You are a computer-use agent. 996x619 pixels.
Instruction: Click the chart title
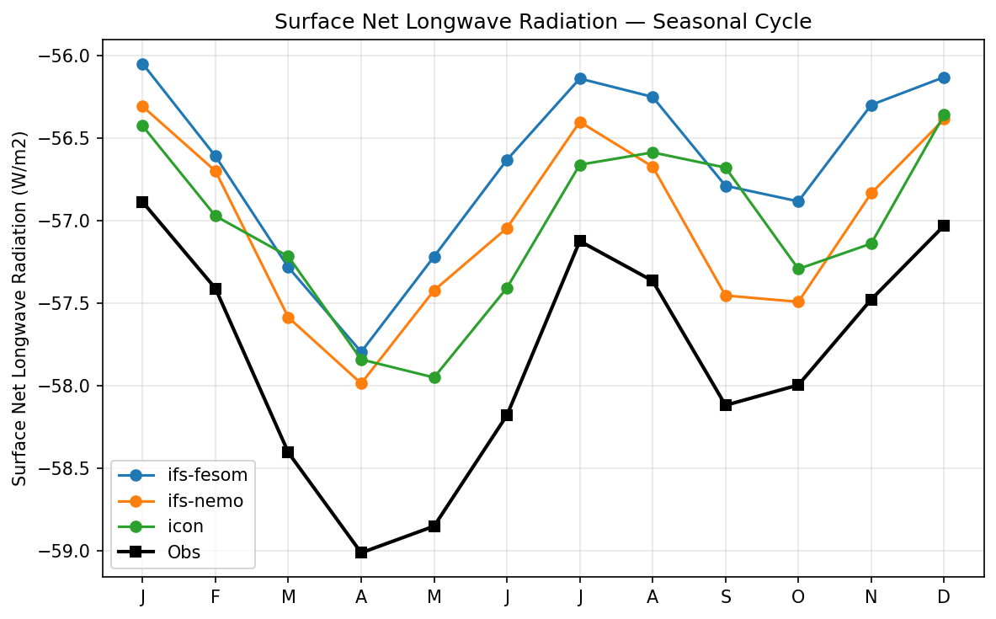[x=543, y=22]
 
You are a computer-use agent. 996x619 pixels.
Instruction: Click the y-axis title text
[x=19, y=308]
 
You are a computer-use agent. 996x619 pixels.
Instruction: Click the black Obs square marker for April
[x=361, y=552]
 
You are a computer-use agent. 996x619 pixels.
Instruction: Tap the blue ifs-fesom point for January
[x=142, y=64]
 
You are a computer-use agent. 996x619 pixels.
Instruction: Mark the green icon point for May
[x=434, y=377]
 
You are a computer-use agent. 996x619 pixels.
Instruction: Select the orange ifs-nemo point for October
[x=798, y=301]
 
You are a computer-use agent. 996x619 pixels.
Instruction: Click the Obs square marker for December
[x=944, y=226]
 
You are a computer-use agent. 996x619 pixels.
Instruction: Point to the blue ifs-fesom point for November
[x=871, y=105]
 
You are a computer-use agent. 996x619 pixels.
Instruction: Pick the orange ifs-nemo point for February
[x=216, y=171]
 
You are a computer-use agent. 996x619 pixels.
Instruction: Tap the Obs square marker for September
[x=726, y=405]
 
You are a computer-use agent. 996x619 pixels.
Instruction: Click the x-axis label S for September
[x=726, y=597]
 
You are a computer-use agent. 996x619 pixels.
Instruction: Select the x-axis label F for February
[x=216, y=597]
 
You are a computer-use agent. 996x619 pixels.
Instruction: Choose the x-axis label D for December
[x=944, y=597]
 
